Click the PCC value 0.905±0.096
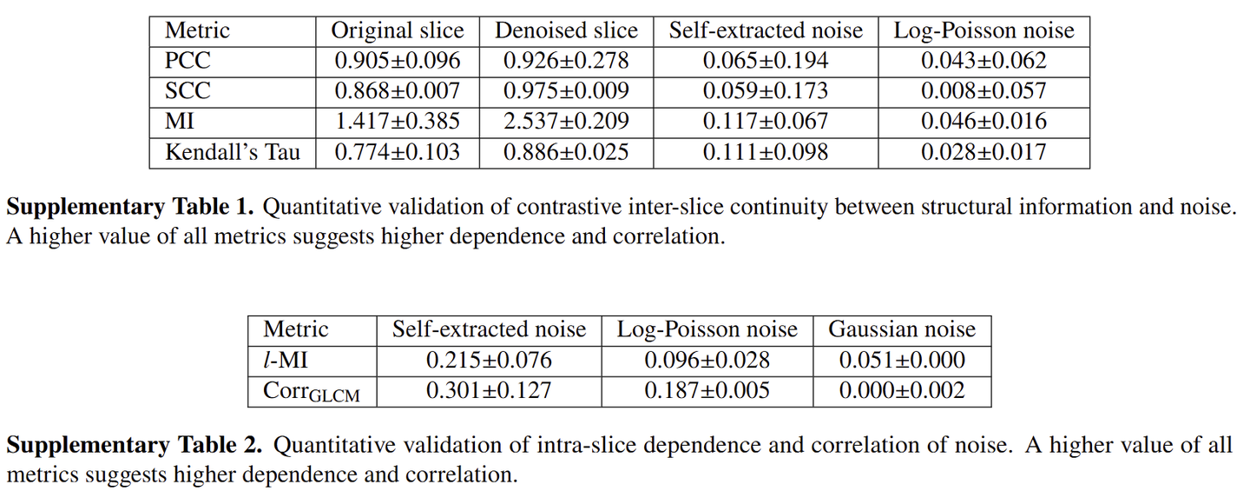point(398,61)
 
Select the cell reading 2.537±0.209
point(566,122)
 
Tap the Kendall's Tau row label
point(233,152)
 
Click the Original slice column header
point(398,31)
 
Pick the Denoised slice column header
point(566,31)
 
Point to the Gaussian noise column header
point(902,329)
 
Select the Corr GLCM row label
point(312,392)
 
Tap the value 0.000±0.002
point(902,391)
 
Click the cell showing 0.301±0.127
point(489,391)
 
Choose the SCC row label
point(187,91)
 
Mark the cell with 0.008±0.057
point(984,91)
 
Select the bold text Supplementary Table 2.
point(134,446)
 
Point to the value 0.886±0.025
point(566,152)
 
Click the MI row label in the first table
point(180,122)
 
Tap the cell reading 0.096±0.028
point(707,360)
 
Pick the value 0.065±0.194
point(766,61)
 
